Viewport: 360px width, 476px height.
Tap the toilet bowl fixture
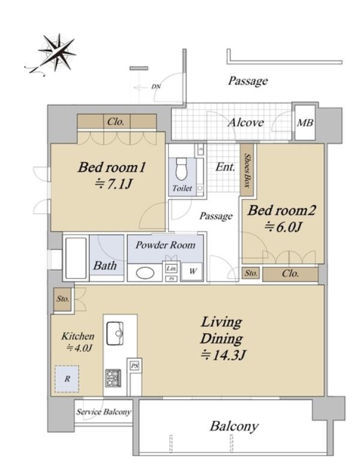[x=182, y=169]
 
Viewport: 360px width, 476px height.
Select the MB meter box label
[x=305, y=122]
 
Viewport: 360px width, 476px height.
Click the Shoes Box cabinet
[x=247, y=170]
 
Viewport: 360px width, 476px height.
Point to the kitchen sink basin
[x=115, y=333]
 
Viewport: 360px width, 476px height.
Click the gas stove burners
[x=113, y=378]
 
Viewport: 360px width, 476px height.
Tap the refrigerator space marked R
[x=67, y=379]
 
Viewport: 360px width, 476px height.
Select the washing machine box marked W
[x=192, y=271]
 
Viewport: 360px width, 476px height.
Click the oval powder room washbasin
[x=145, y=273]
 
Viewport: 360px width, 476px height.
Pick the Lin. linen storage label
[x=171, y=268]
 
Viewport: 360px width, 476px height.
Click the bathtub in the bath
[x=76, y=258]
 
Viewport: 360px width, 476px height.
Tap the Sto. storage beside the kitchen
[x=63, y=299]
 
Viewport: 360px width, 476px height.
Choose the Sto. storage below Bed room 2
[x=251, y=273]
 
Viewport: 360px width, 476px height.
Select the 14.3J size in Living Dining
[x=223, y=355]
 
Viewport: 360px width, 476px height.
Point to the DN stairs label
[x=156, y=87]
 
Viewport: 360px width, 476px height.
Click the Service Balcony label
[x=104, y=412]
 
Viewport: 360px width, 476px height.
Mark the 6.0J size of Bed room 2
[x=283, y=226]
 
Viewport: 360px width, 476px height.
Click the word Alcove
[x=245, y=122]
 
